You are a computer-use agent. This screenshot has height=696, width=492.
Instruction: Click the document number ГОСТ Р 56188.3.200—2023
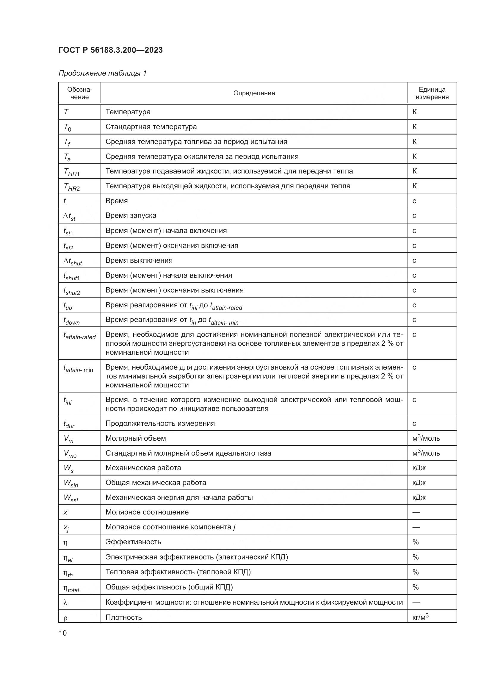[111, 50]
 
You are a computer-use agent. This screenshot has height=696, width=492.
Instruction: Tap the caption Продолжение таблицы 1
[102, 73]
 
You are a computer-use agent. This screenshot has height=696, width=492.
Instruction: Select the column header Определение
[254, 93]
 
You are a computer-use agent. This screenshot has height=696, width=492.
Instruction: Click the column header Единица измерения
[432, 93]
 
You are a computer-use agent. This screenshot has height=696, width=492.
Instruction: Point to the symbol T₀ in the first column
[67, 127]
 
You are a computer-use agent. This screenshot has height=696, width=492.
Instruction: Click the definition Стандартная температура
[151, 127]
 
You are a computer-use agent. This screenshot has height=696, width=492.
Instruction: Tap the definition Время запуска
[131, 215]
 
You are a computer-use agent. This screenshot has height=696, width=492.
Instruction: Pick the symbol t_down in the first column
[71, 320]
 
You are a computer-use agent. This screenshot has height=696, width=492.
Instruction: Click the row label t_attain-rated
[79, 336]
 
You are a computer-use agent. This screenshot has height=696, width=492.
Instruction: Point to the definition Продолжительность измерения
[160, 423]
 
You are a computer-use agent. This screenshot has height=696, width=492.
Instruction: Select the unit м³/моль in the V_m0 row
[426, 453]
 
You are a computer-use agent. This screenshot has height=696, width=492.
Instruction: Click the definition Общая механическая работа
[156, 483]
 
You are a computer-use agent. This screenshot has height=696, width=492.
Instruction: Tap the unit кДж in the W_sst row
[419, 498]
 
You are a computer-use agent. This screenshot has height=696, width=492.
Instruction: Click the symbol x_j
[66, 528]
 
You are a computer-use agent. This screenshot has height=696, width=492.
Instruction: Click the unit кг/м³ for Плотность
[421, 617]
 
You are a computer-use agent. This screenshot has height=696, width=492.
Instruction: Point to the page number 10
[63, 633]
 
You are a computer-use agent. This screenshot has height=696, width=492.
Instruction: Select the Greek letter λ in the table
[65, 603]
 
